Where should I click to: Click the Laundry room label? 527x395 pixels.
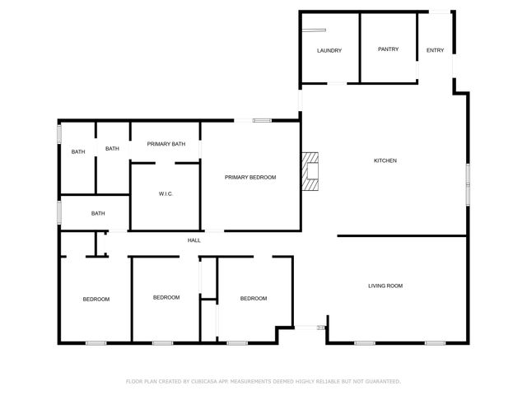click(329, 51)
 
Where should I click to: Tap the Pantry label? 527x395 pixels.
click(388, 49)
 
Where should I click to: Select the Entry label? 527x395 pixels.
click(435, 51)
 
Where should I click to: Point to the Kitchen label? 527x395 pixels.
click(385, 160)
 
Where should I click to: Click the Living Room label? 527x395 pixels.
click(385, 286)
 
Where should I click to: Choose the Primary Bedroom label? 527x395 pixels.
click(250, 178)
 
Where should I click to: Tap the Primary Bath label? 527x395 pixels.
click(166, 144)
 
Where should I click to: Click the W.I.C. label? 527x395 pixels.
click(166, 194)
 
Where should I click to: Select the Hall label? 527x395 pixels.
click(194, 240)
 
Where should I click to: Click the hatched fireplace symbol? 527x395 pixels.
click(310, 171)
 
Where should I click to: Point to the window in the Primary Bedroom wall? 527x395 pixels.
click(262, 121)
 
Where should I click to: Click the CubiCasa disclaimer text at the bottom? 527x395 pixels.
click(263, 382)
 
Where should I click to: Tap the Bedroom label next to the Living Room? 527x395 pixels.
click(254, 299)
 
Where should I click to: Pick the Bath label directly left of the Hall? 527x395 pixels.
click(98, 214)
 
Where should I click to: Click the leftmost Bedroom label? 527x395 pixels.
click(96, 300)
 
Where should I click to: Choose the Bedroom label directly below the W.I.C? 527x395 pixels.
click(166, 297)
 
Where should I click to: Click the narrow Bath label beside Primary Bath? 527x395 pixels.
click(112, 149)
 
